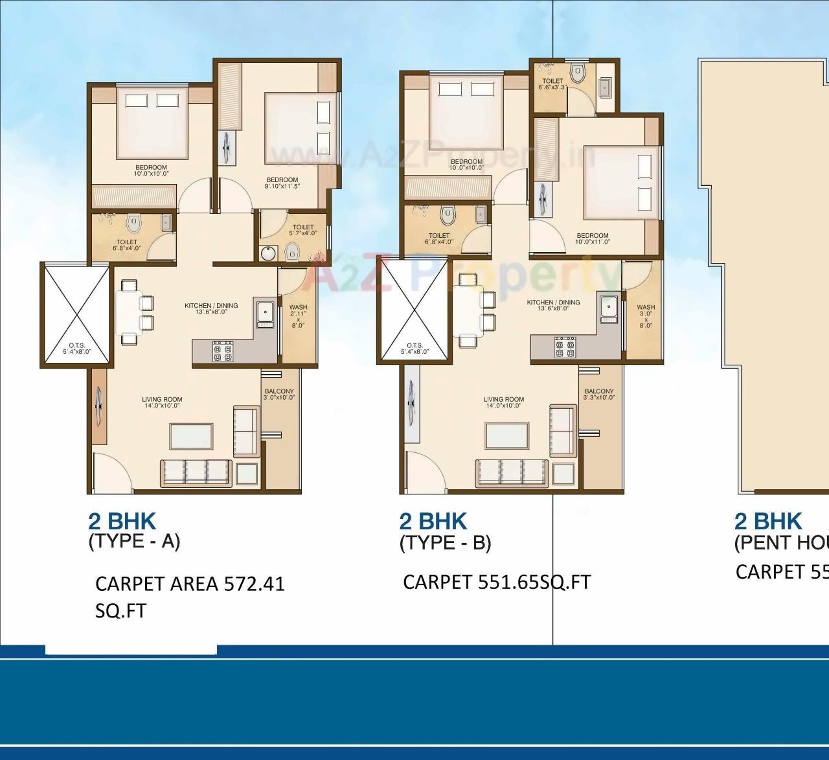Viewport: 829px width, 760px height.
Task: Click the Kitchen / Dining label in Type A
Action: tap(211, 308)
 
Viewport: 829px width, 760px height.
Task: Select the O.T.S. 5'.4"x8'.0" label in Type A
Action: tap(77, 349)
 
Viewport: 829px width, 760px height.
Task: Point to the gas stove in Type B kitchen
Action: tap(565, 347)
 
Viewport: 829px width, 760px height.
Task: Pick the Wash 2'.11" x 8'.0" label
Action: tap(298, 316)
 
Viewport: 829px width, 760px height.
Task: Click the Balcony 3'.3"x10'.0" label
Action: tap(598, 395)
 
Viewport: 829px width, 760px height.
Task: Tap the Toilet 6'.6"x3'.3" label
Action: tap(552, 84)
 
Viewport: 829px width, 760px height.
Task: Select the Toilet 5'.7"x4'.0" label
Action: tap(303, 231)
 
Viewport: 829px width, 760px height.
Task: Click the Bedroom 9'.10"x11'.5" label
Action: tap(282, 183)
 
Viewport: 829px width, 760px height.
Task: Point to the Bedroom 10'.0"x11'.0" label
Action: tap(593, 238)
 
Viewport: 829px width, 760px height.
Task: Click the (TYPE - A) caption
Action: tap(134, 541)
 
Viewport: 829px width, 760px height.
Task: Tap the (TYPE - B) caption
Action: tap(445, 542)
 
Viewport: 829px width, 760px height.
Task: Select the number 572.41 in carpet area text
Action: tap(254, 584)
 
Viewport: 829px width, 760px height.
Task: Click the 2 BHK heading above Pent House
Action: tap(767, 522)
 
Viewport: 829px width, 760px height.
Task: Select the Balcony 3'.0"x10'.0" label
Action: tap(279, 395)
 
